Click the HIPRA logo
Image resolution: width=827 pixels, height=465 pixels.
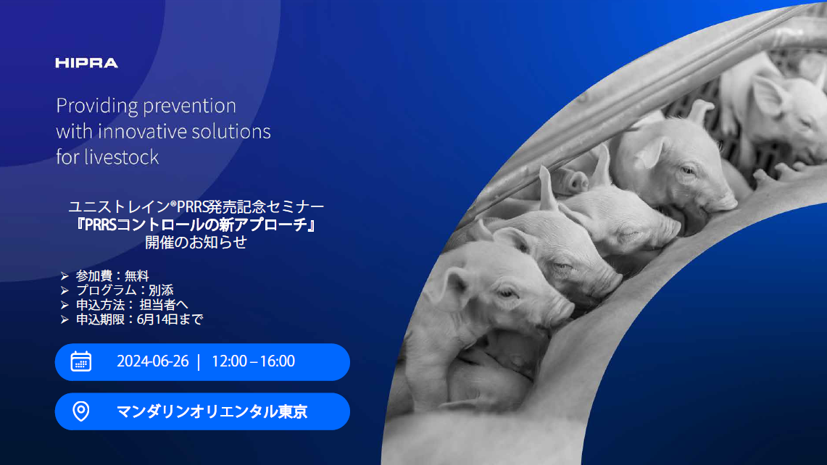(86, 63)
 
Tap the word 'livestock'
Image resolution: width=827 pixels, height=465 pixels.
(121, 157)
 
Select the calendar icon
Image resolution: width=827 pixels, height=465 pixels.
(81, 361)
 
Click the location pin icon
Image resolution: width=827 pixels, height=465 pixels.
(81, 411)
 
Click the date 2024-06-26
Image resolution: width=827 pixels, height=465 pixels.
(152, 361)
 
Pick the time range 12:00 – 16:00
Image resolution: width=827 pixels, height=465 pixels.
(253, 361)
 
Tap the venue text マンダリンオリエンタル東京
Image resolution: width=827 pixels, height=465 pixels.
(212, 411)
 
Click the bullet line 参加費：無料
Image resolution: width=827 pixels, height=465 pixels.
(112, 276)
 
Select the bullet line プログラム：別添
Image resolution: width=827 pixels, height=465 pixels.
(125, 290)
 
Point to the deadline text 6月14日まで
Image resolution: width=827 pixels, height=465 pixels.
(170, 319)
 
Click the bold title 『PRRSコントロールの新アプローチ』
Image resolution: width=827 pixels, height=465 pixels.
(196, 225)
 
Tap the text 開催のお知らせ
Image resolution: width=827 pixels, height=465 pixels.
(196, 242)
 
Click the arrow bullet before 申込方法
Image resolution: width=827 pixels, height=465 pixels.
(65, 305)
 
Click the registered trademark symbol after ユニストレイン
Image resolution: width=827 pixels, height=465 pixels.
(173, 203)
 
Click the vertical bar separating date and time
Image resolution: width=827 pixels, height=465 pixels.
(199, 361)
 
